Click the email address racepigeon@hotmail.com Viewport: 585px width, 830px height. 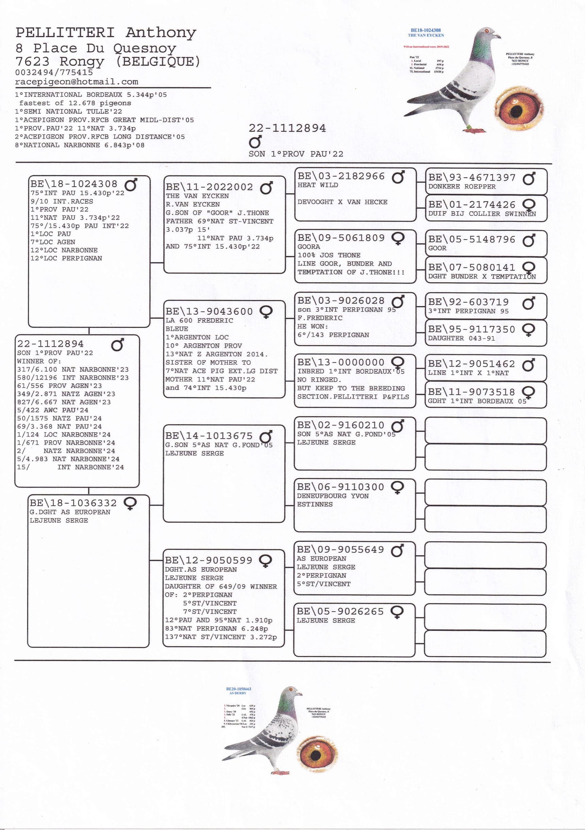coord(77,82)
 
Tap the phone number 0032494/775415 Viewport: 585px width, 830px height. coord(54,72)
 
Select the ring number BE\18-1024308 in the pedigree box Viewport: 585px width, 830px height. coord(74,184)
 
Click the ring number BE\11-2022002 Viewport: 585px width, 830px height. coord(209,187)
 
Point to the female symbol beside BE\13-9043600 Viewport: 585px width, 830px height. coord(266,312)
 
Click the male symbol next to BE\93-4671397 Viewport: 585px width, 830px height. coord(529,178)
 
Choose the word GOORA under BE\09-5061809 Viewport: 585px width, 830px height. coord(308,246)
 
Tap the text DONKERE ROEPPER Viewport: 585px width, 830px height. coord(462,186)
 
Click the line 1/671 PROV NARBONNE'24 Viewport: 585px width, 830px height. coord(66,443)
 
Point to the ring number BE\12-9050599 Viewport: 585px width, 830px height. coord(208,560)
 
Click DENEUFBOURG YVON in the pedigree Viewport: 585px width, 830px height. coord(332,496)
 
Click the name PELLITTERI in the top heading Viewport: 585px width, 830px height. coord(65,33)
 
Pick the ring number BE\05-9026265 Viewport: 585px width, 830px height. coord(340,611)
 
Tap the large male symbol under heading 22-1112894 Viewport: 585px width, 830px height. coord(255,142)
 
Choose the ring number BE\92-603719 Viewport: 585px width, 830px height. coord(468,302)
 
